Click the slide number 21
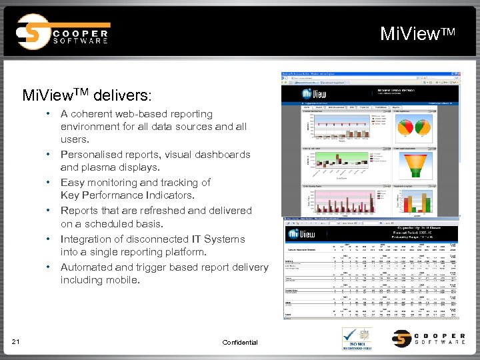[x=15, y=342]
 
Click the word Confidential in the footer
[x=239, y=342]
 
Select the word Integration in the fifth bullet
[x=86, y=239]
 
